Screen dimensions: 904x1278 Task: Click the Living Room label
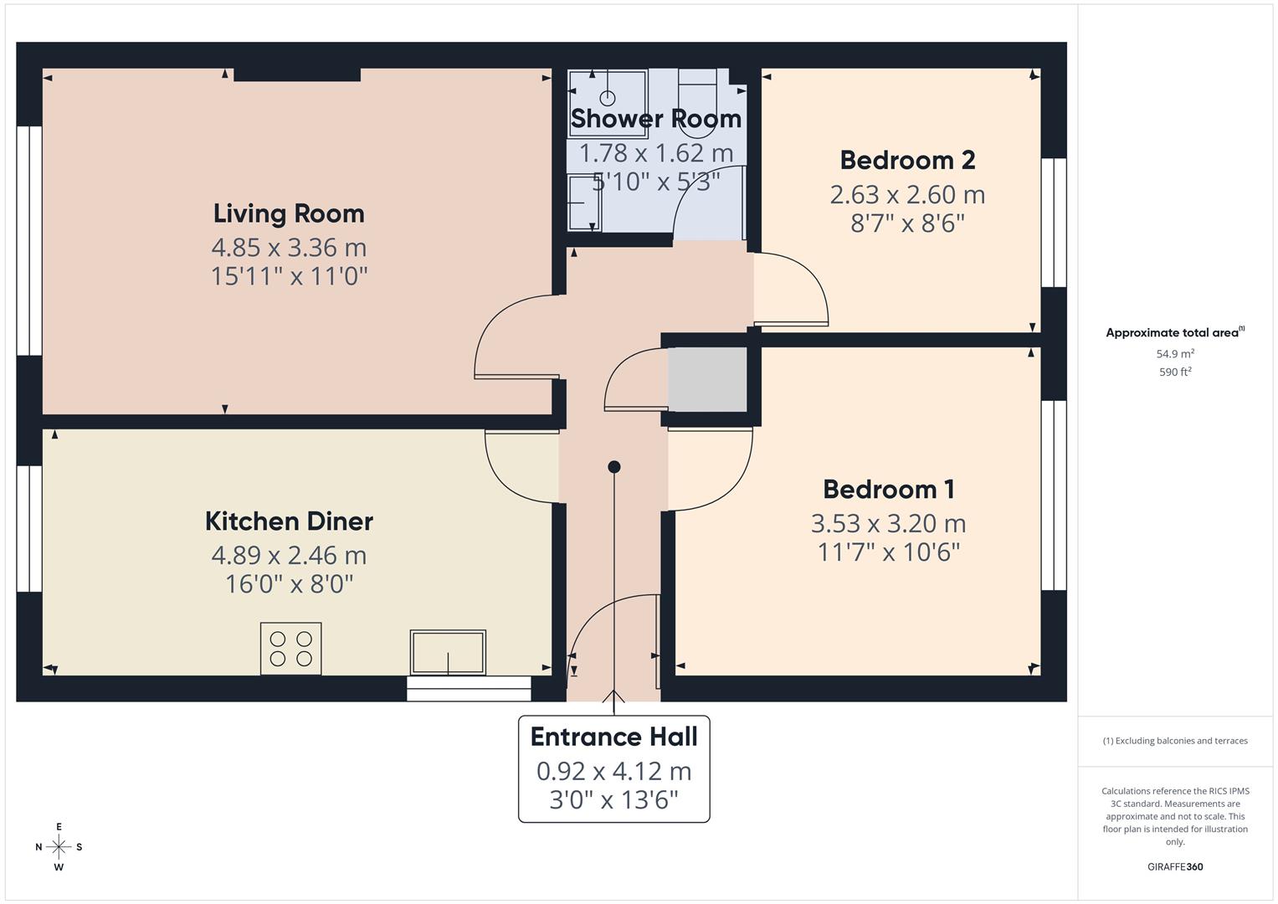point(289,213)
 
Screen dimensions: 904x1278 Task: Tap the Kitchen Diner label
point(289,521)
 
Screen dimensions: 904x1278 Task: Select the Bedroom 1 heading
point(888,490)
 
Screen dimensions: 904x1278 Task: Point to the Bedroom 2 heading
point(907,160)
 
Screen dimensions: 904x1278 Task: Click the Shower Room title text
point(656,119)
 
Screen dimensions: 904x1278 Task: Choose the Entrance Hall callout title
point(613,737)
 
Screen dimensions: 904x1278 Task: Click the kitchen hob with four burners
point(290,648)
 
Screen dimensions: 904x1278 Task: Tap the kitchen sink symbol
point(448,652)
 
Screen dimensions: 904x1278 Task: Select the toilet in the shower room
point(697,105)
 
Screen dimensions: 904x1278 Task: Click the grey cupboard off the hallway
point(707,379)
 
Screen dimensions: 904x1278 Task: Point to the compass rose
point(59,847)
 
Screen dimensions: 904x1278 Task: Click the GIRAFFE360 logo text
point(1175,867)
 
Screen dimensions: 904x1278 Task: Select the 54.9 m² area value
point(1175,354)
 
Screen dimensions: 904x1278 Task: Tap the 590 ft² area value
point(1175,372)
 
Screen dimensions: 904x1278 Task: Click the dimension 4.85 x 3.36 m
point(289,248)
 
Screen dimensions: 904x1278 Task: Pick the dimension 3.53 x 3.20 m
point(888,524)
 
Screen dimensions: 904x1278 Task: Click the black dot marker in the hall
point(614,467)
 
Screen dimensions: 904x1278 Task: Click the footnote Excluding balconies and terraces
point(1175,741)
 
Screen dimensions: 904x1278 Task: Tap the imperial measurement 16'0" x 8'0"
point(289,583)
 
